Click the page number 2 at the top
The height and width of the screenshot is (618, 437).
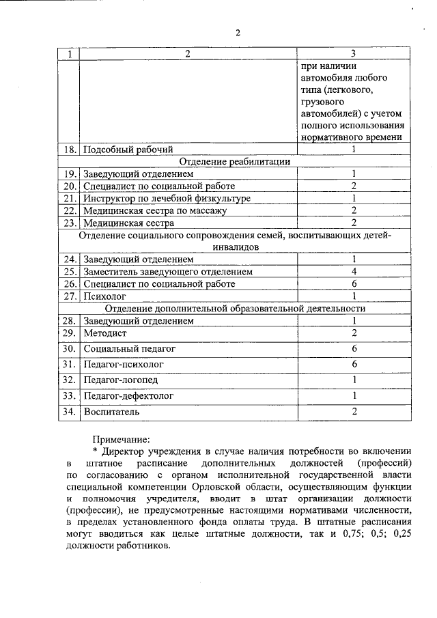(238, 32)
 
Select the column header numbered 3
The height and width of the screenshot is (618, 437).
(353, 54)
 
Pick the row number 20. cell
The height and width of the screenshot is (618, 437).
(68, 186)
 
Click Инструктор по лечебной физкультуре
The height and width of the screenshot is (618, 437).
(167, 198)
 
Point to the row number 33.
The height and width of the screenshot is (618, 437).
(68, 395)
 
